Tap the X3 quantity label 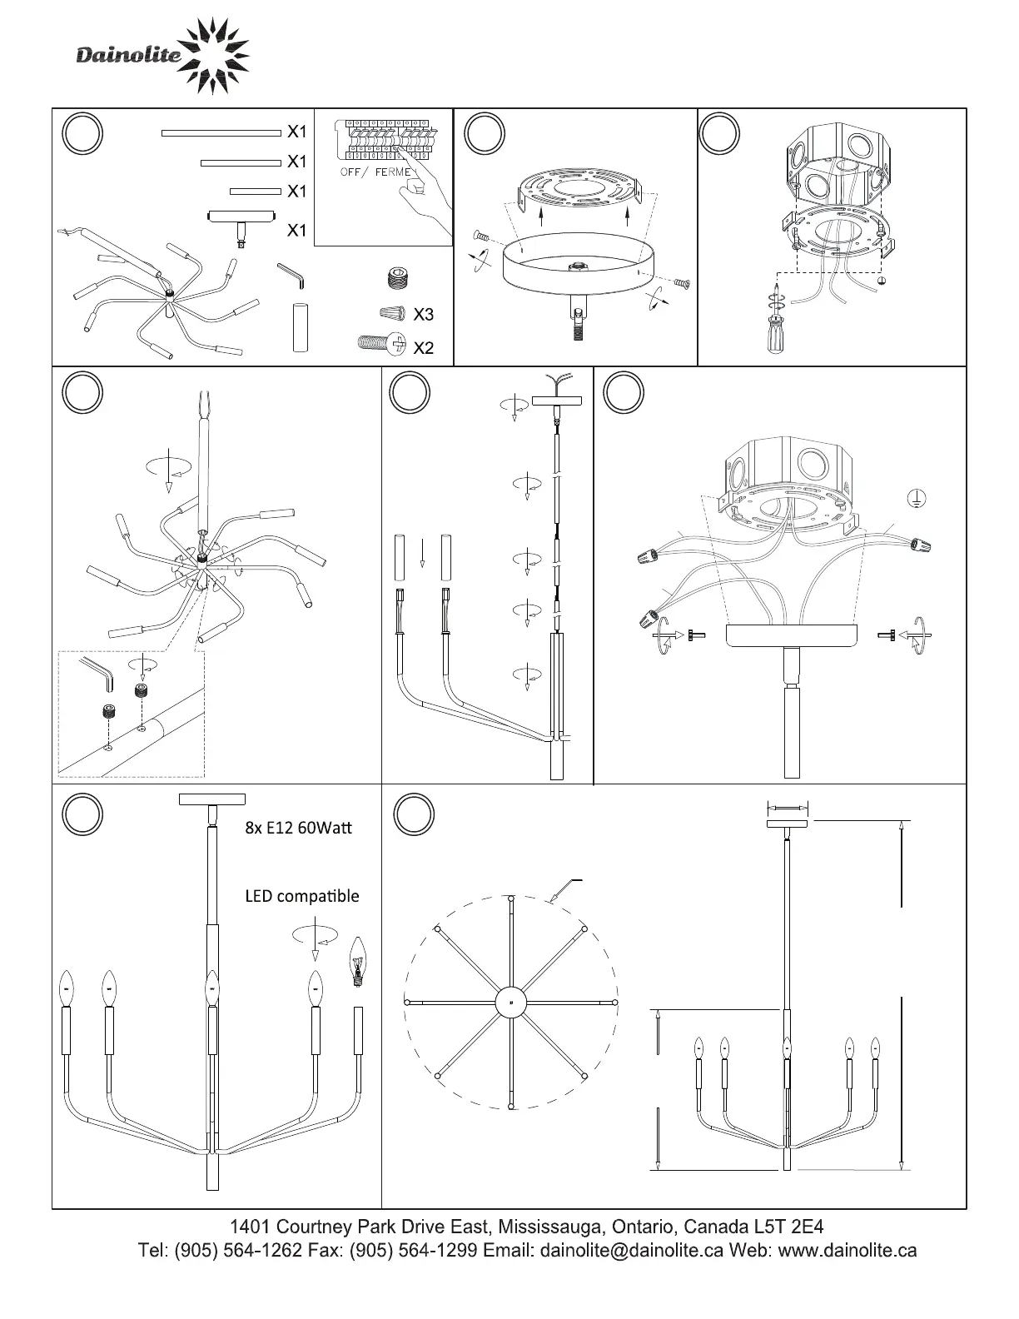coord(423,315)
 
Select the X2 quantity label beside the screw coord(423,348)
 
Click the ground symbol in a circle coord(915,498)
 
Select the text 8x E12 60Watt coord(298,829)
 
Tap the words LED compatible coord(301,896)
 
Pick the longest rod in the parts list coord(221,132)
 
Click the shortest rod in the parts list coord(256,192)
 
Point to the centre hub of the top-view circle coord(510,1003)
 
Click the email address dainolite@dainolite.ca coord(632,1251)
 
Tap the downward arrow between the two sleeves coord(423,551)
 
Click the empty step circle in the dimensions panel coord(414,814)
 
